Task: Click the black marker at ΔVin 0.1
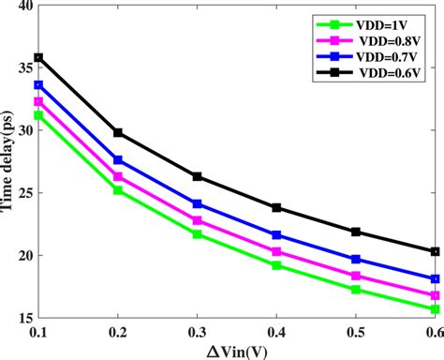38,57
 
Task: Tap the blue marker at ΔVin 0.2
118,160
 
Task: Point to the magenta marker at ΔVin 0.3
198,220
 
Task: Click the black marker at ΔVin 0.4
276,208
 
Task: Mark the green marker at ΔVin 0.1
38,115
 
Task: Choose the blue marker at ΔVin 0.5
356,259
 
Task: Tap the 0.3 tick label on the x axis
198,332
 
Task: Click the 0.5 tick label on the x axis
356,332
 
